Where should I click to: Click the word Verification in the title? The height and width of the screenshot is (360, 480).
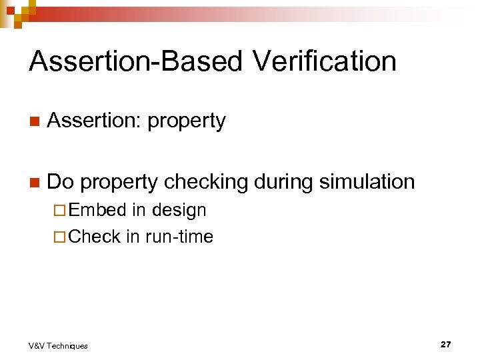325,61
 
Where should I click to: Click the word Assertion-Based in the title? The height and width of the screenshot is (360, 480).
137,61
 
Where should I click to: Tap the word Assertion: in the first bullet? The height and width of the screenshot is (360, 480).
95,121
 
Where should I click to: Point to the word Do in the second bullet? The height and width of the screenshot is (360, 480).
61,181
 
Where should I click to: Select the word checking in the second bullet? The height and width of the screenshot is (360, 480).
207,181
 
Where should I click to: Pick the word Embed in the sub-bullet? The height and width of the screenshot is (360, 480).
97,210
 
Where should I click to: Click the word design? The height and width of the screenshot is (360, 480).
179,211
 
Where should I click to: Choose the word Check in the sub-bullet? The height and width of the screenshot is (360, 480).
95,236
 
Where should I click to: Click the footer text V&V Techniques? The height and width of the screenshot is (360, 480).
58,345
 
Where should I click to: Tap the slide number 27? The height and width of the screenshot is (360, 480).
445,344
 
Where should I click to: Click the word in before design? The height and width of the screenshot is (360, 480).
139,210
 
